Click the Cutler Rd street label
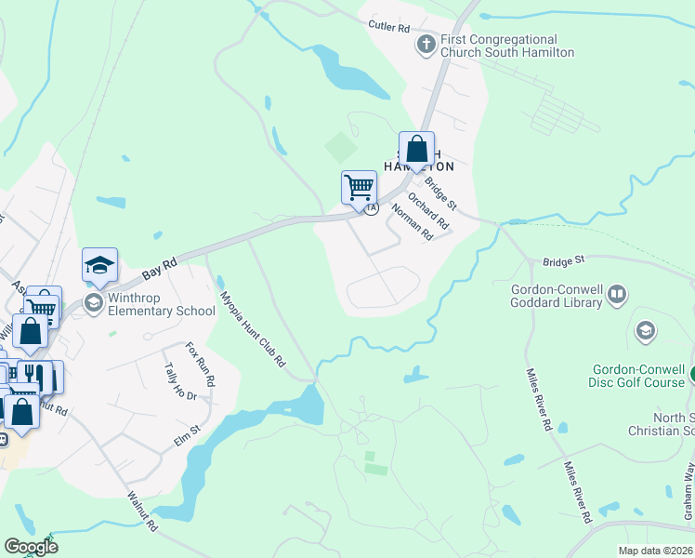388,27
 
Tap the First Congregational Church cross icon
426,45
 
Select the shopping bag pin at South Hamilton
417,150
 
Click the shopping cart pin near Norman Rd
359,188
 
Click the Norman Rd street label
413,222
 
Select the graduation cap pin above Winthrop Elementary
99,266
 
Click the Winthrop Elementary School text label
162,304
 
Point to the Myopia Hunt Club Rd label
252,329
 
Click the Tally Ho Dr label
180,382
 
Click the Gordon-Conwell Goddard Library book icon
615,296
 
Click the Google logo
31,546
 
